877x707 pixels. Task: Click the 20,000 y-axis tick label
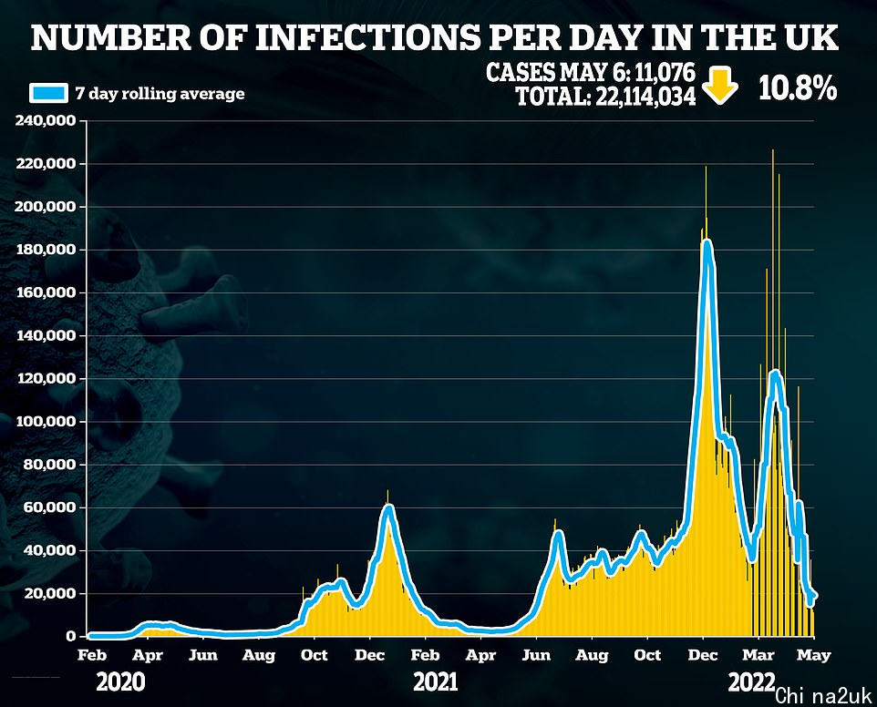tap(48, 594)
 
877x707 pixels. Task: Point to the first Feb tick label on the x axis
tap(89, 654)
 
